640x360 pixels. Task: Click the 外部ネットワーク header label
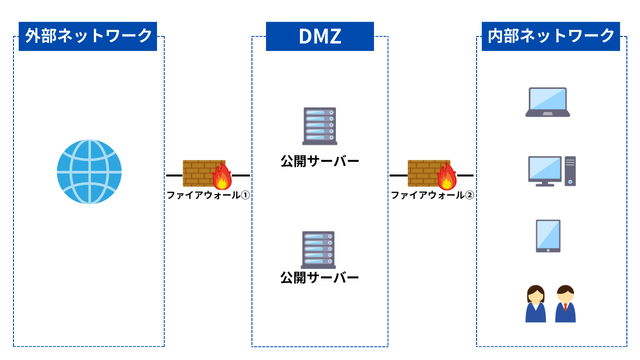(x=88, y=36)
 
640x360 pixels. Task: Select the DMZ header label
(x=320, y=36)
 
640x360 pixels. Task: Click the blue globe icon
(x=89, y=171)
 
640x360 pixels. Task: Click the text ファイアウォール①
(x=208, y=195)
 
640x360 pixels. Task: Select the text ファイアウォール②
(x=432, y=195)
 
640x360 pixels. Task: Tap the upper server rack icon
(x=319, y=126)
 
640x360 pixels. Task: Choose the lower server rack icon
(x=318, y=249)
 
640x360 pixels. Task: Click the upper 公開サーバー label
(x=319, y=161)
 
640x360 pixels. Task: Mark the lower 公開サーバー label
(x=319, y=277)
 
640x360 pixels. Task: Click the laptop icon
(x=547, y=102)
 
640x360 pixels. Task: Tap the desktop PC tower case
(x=570, y=171)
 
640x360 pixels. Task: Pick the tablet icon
(x=548, y=236)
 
